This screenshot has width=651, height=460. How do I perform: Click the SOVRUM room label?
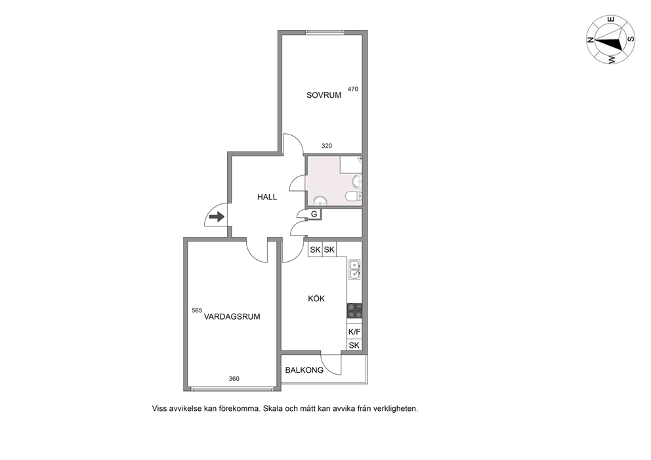tap(324, 95)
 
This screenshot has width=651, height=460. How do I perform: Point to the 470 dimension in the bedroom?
tap(353, 89)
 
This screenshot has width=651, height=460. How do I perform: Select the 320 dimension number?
tap(327, 146)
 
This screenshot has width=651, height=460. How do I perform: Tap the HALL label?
tap(267, 198)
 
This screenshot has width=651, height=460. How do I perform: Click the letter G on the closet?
tap(314, 214)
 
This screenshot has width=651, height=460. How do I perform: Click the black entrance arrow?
tap(217, 217)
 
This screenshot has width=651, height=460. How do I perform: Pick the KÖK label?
tap(316, 299)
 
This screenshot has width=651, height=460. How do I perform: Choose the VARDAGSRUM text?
tap(232, 317)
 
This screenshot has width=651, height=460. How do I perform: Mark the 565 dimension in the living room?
tap(197, 310)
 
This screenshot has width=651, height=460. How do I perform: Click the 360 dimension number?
tap(234, 379)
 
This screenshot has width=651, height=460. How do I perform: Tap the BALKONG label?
tap(304, 370)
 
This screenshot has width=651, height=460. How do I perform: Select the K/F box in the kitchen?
tap(354, 332)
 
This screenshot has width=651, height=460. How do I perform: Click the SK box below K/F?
tap(354, 345)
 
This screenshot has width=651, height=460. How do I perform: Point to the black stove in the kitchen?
tap(354, 310)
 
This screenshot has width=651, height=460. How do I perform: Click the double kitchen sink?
tap(354, 269)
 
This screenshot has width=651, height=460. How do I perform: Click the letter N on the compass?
tap(590, 40)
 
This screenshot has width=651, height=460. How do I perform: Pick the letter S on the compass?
tap(630, 39)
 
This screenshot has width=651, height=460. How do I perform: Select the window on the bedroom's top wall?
tap(325, 32)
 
